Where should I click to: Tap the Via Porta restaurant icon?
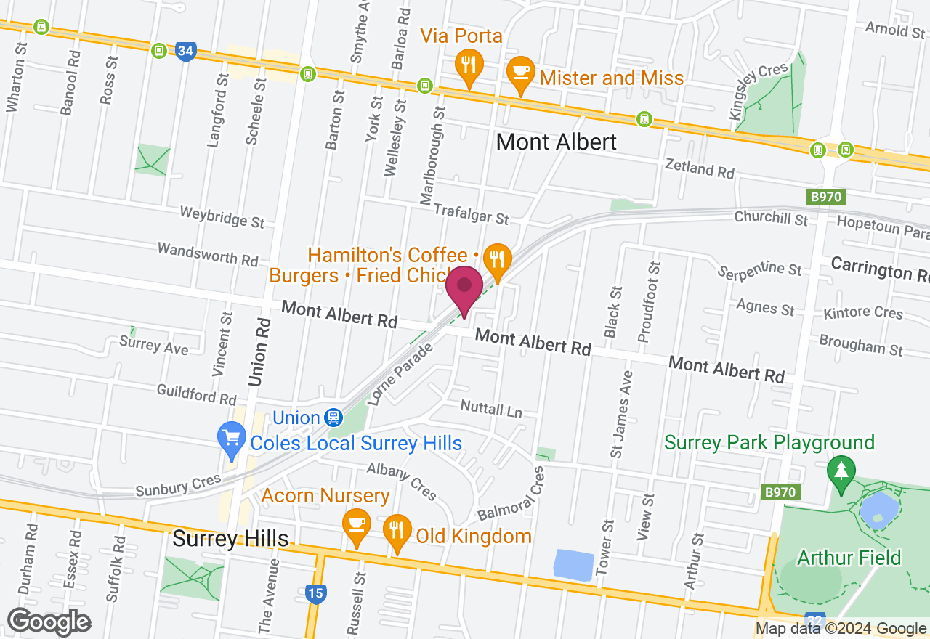(x=469, y=66)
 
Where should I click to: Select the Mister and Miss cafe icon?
(x=520, y=73)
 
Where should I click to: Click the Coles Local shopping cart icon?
(x=232, y=439)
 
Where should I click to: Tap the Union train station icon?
(x=333, y=418)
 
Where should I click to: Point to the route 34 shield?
(x=185, y=52)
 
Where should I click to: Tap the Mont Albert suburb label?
(x=556, y=142)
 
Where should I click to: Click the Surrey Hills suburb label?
(x=230, y=539)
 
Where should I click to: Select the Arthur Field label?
(x=849, y=558)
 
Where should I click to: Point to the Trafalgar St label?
(x=471, y=213)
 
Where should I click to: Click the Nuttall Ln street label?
(x=491, y=408)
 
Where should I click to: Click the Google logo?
(x=49, y=622)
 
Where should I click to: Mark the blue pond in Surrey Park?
(x=878, y=510)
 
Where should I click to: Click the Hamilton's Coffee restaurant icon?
(x=498, y=259)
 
